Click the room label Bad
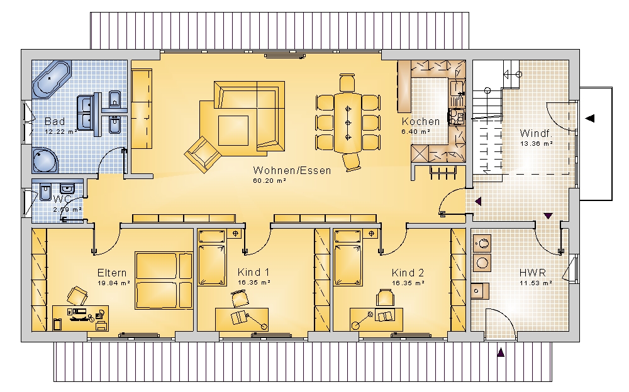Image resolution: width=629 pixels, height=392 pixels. coord(55,121)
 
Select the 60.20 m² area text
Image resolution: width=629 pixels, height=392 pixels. coord(269,181)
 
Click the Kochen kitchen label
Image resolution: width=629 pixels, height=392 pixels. coord(421,121)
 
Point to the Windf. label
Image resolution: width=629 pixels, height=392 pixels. coord(536,133)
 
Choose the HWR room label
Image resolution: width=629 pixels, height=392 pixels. coord(533,273)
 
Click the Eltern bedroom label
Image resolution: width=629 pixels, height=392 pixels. coord(112,273)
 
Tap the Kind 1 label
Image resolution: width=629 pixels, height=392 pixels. coord(253,273)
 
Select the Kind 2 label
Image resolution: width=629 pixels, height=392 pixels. coord(408,273)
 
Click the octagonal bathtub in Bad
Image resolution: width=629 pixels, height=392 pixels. coord(52,79)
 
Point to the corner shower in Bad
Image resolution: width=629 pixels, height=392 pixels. coord(45,160)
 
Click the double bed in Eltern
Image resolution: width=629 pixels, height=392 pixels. coord(164,280)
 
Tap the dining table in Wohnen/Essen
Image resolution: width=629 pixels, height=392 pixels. coord(348,122)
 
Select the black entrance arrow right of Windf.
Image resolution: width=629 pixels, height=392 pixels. coord(589,118)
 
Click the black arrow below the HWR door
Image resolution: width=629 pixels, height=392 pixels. coord(501,352)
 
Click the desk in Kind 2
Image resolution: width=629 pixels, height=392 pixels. coord(376,319)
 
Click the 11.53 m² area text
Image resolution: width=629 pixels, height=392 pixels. coord(536,283)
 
